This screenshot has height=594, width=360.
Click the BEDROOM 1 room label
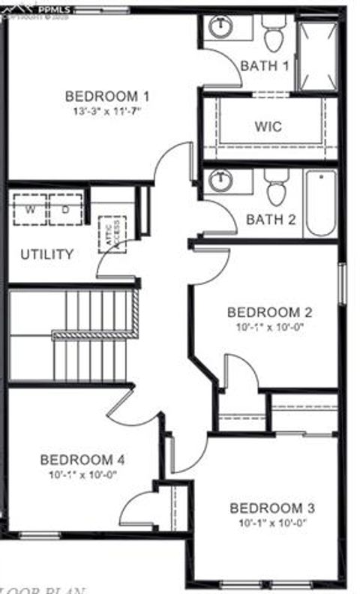tap(106, 96)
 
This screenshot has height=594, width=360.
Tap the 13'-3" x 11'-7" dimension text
tap(107, 109)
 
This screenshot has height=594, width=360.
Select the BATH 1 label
tap(264, 66)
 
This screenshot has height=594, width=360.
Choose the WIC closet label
tap(268, 126)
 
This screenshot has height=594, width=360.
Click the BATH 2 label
tap(271, 220)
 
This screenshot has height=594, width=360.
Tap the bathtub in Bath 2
tap(320, 202)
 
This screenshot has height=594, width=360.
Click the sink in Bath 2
tap(220, 181)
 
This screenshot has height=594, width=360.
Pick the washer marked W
tap(30, 209)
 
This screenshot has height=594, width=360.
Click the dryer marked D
tap(65, 209)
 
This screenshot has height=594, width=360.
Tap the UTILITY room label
tap(46, 254)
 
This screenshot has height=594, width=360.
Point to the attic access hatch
tap(112, 234)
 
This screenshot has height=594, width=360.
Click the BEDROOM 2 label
tap(269, 312)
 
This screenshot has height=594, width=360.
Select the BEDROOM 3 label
tap(272, 508)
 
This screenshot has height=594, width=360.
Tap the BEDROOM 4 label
tap(82, 459)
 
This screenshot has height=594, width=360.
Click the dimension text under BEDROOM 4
tap(82, 473)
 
